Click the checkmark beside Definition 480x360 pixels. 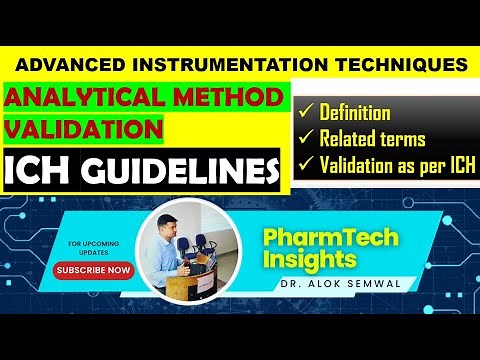306,113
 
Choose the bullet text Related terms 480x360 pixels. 372,139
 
